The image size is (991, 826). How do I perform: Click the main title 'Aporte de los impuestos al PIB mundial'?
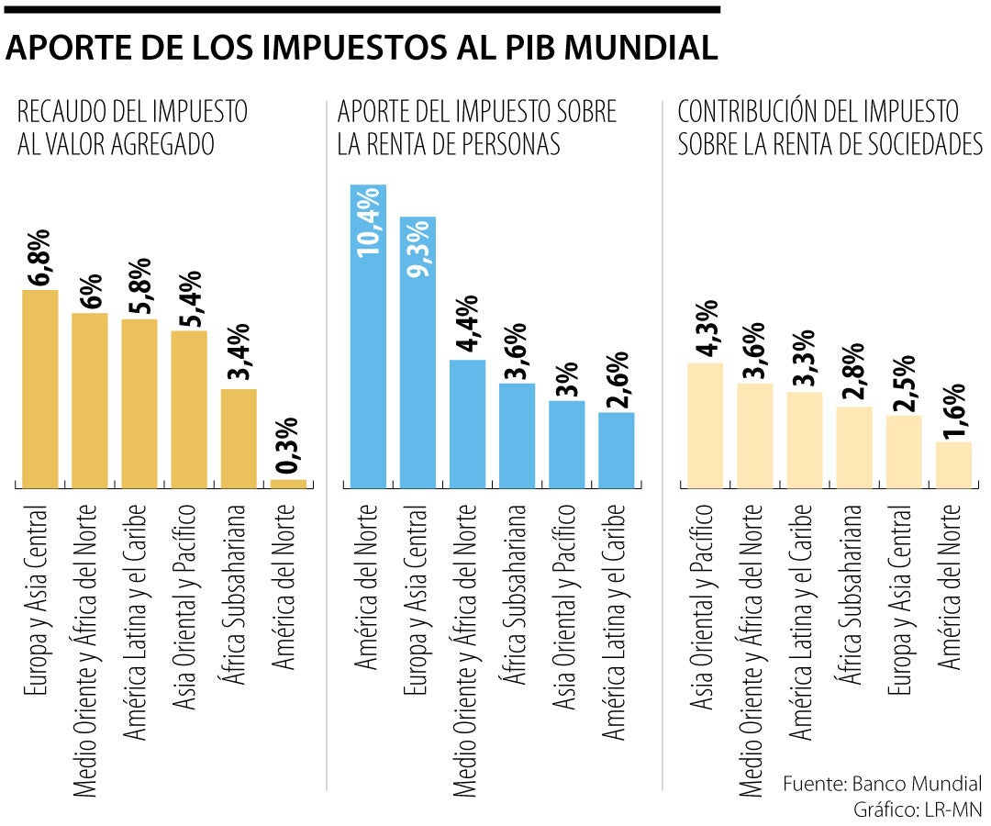click(x=361, y=48)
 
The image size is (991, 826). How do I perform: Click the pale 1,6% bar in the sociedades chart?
click(x=952, y=464)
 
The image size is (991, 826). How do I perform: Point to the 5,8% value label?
click(x=139, y=285)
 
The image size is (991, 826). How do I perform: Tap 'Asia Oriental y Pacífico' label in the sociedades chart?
click(x=704, y=607)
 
